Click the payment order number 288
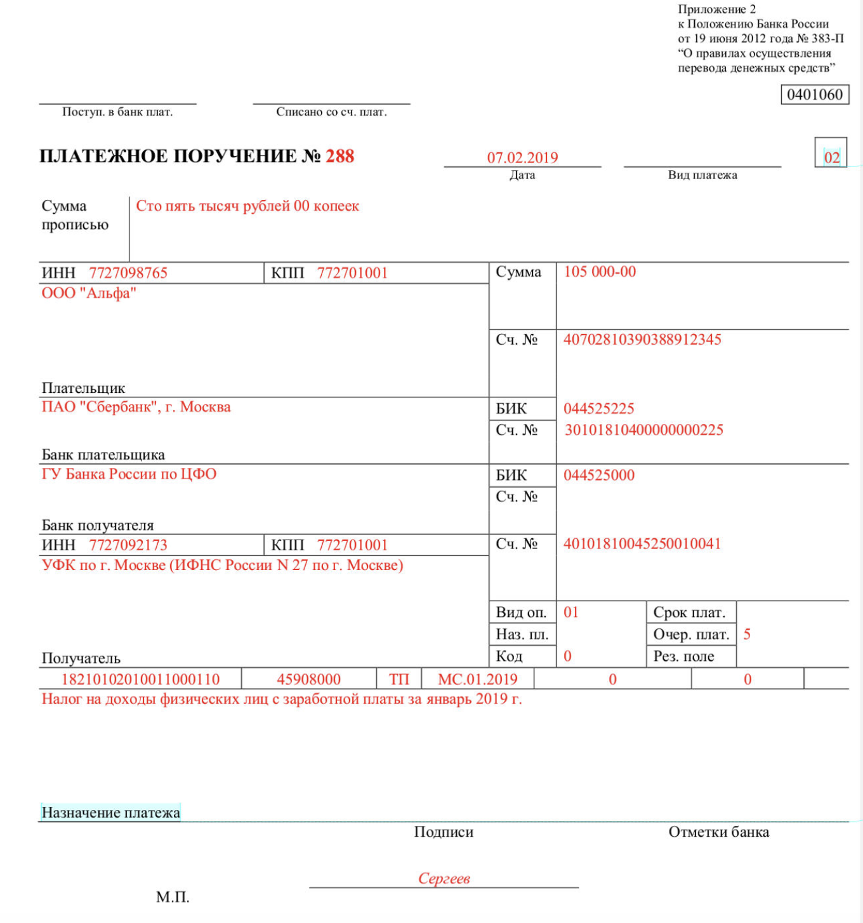pyautogui.click(x=339, y=156)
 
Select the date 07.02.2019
pyautogui.click(x=522, y=157)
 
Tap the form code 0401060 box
pyautogui.click(x=815, y=95)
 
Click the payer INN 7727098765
pyautogui.click(x=128, y=273)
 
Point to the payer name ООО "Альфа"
pyautogui.click(x=89, y=293)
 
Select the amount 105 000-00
pyautogui.click(x=600, y=272)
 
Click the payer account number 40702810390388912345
pyautogui.click(x=642, y=340)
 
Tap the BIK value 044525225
pyautogui.click(x=598, y=409)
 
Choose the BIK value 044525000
pyautogui.click(x=598, y=475)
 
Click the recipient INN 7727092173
pyautogui.click(x=128, y=545)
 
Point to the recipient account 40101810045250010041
pyautogui.click(x=642, y=544)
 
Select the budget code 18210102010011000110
pyautogui.click(x=140, y=679)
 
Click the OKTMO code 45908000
pyautogui.click(x=308, y=679)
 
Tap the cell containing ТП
pyautogui.click(x=399, y=679)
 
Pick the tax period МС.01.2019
pyautogui.click(x=478, y=679)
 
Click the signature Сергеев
pyautogui.click(x=444, y=879)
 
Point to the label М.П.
pyautogui.click(x=173, y=897)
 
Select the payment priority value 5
pyautogui.click(x=747, y=634)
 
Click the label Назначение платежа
pyautogui.click(x=110, y=813)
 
